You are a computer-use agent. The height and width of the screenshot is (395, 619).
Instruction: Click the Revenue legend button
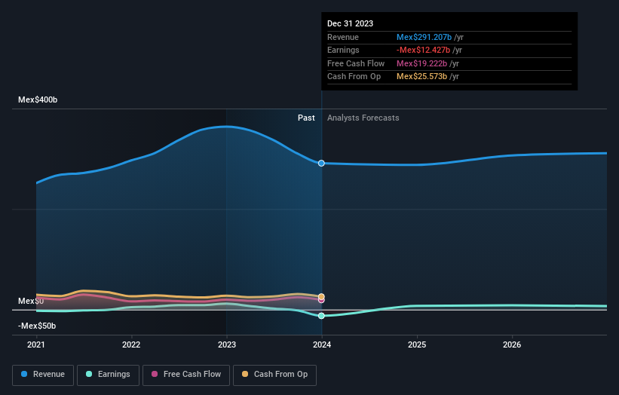(x=44, y=374)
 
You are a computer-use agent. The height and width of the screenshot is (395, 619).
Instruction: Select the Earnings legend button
(x=108, y=374)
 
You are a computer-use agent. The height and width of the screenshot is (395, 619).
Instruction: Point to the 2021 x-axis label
(x=36, y=344)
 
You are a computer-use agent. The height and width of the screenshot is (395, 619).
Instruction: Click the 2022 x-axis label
(x=131, y=344)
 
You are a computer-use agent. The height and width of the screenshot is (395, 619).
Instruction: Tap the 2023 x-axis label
(x=227, y=344)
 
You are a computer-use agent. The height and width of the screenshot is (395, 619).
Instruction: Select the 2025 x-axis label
(x=417, y=344)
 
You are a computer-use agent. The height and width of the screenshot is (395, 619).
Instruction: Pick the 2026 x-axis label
(x=512, y=344)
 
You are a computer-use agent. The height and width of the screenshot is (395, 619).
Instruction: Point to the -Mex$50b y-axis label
(x=37, y=326)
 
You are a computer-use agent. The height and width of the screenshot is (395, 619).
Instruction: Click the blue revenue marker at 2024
(x=322, y=163)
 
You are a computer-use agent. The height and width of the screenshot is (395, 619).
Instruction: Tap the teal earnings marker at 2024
(x=322, y=316)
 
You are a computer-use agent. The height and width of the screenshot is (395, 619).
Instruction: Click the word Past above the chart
(x=306, y=118)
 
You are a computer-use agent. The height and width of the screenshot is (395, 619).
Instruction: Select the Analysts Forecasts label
(x=363, y=118)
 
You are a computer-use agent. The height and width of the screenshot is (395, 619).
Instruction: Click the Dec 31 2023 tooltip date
(x=350, y=24)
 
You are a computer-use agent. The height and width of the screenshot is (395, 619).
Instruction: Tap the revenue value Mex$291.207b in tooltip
(x=424, y=37)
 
